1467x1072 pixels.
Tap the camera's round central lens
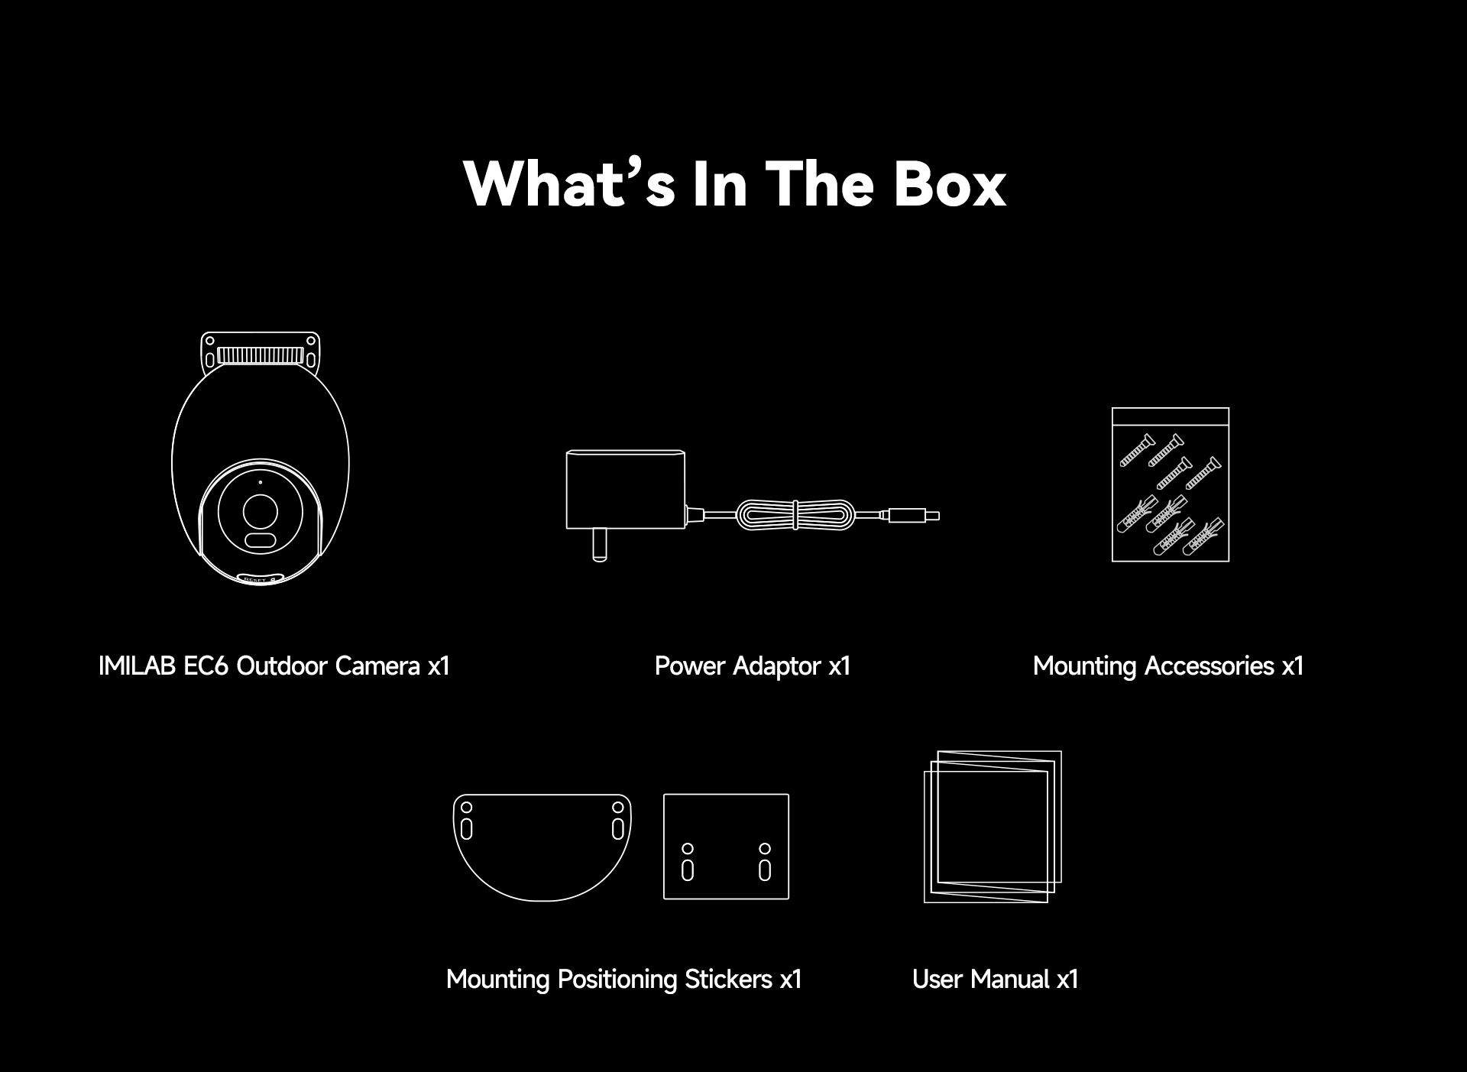coord(261,510)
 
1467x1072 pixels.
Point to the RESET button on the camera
coord(261,578)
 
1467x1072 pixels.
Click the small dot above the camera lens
coord(261,482)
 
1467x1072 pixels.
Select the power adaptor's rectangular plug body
coord(625,489)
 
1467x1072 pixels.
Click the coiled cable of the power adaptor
coord(795,515)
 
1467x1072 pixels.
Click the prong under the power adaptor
coord(600,546)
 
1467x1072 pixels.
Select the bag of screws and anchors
coord(1171,484)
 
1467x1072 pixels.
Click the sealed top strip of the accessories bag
coord(1171,417)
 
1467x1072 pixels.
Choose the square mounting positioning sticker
coord(727,847)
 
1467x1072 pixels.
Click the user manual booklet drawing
coord(993,827)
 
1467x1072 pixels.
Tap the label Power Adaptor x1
coord(753,666)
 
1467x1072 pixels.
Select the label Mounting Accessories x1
coord(1168,666)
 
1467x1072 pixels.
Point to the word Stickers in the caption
coord(728,979)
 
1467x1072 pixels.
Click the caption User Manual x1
coord(996,979)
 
